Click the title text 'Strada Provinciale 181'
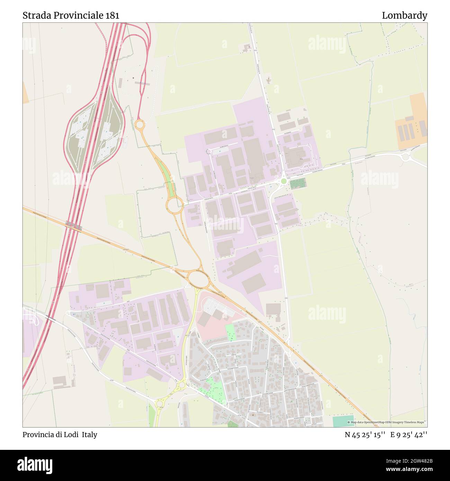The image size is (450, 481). [71, 16]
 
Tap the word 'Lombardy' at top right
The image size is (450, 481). [404, 16]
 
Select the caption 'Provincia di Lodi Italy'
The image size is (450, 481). [60, 435]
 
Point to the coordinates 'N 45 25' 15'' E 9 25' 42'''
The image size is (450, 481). [386, 435]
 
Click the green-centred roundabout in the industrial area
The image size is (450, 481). [283, 181]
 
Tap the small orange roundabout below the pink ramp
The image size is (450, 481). [139, 124]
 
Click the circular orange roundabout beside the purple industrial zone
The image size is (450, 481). [175, 205]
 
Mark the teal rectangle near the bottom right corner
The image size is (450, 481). [343, 421]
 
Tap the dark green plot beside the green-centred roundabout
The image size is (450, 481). [298, 183]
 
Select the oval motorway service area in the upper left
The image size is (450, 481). [94, 137]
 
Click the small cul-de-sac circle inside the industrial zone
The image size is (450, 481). [208, 151]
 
